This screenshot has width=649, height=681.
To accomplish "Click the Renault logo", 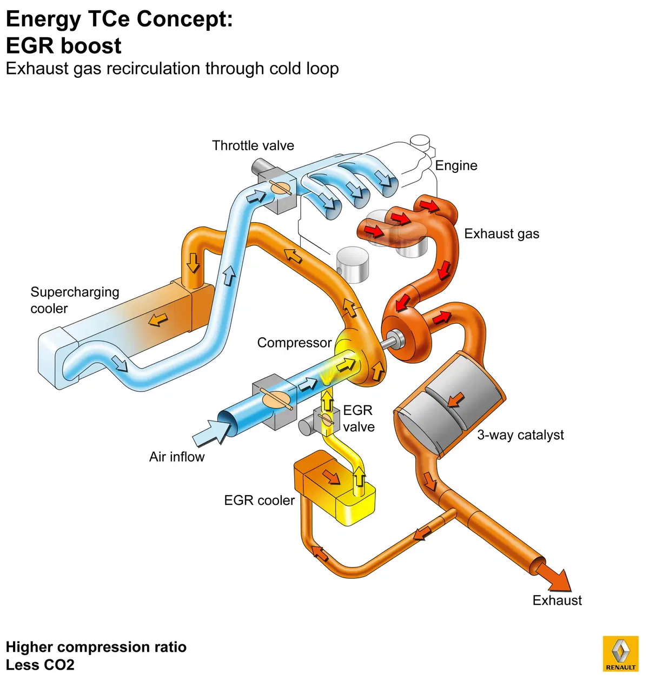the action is [620, 653].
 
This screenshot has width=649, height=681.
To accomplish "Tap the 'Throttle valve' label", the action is [253, 145].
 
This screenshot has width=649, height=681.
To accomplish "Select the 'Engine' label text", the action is [456, 166].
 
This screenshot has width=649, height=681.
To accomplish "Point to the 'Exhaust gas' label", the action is [501, 234].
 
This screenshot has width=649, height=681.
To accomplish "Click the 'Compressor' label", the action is [294, 343].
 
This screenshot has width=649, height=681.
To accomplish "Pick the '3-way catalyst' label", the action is [520, 435].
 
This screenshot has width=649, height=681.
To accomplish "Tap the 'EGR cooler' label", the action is [259, 500].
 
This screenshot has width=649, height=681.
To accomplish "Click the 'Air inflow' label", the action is [177, 457].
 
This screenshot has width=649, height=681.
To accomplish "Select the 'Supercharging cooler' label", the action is [75, 300].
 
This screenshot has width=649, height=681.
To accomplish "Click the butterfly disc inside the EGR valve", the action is [327, 419].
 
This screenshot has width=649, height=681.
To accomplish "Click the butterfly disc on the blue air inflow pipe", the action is [276, 398].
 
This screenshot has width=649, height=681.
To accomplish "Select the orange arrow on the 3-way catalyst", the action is [455, 400].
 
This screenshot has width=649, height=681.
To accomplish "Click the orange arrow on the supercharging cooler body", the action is [158, 319].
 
